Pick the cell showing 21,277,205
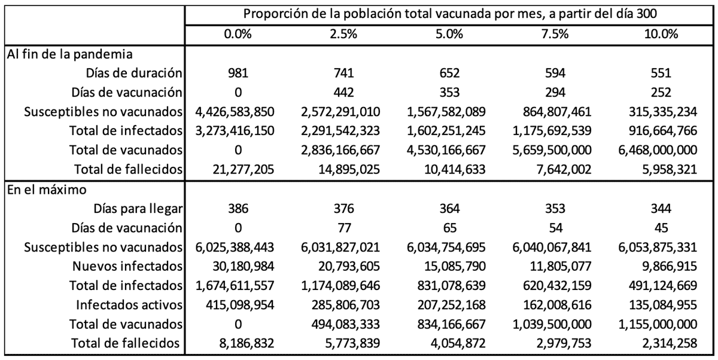tap(239, 170)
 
